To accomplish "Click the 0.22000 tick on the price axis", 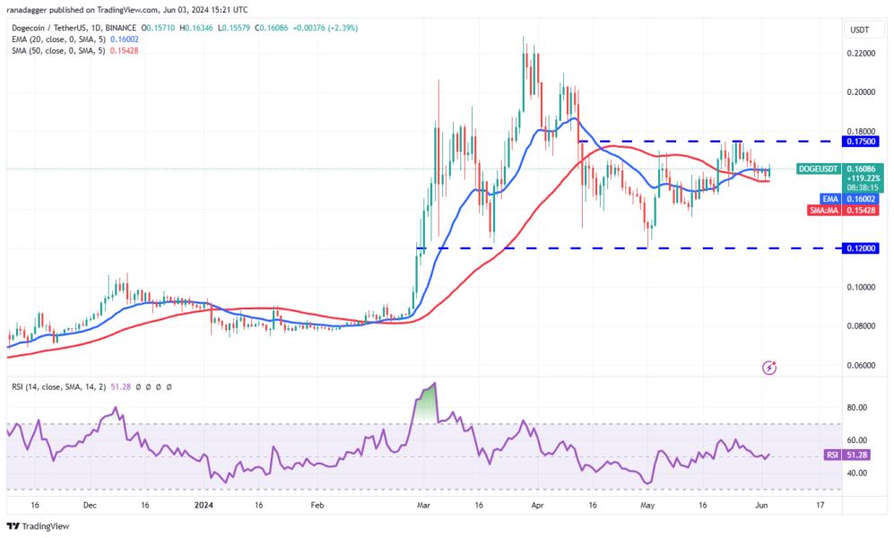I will tap(862, 54).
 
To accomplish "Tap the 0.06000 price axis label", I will tap(862, 366).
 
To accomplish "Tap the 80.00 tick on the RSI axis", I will tap(858, 407).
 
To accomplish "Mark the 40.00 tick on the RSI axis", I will tap(858, 473).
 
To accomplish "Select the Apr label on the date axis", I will tap(537, 506).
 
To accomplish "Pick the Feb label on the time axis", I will tap(316, 506).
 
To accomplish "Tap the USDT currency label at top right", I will tap(860, 30).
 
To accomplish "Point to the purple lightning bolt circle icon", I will tap(768, 368).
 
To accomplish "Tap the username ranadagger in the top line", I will tap(29, 10).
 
